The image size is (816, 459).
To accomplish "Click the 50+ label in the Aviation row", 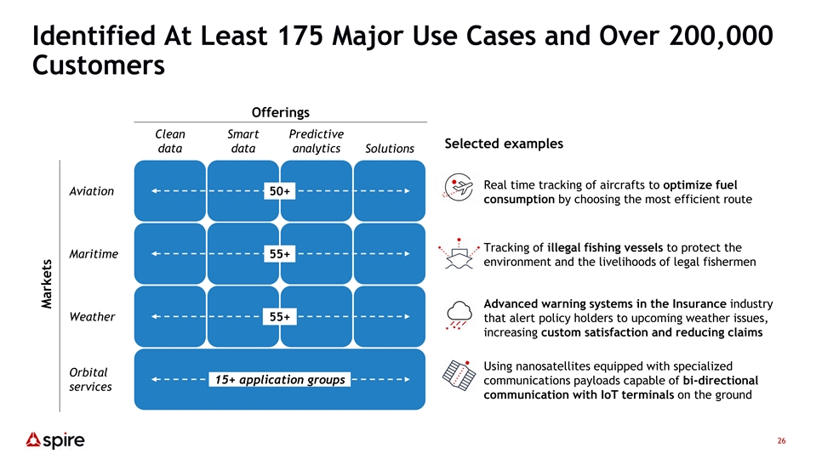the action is click(279, 191).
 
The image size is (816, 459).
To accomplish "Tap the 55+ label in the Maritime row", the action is click(279, 254).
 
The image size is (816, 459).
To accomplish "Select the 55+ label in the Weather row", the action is click(279, 316).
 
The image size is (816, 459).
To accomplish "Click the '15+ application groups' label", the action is click(280, 379).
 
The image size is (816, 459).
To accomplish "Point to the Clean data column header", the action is click(170, 141).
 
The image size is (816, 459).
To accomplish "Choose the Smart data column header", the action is click(243, 141).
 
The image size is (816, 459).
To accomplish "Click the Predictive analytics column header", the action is click(317, 141).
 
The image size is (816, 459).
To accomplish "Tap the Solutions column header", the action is click(390, 149).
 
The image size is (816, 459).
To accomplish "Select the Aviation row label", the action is click(92, 191).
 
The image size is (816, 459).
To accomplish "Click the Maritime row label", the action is click(94, 254).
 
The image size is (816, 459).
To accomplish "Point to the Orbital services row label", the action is click(90, 379).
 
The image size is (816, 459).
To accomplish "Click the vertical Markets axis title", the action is click(47, 284).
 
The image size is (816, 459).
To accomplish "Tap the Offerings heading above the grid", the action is click(281, 112).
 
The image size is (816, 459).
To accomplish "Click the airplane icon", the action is click(459, 187).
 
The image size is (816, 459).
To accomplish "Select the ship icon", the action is click(459, 253).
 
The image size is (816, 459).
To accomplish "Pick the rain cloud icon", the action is click(459, 315).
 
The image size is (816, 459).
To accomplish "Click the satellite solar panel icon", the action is click(459, 375).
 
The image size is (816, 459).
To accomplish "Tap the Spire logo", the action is click(55, 440).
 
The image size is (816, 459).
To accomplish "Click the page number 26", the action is click(782, 441).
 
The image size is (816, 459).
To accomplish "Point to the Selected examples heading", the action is click(504, 144).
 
